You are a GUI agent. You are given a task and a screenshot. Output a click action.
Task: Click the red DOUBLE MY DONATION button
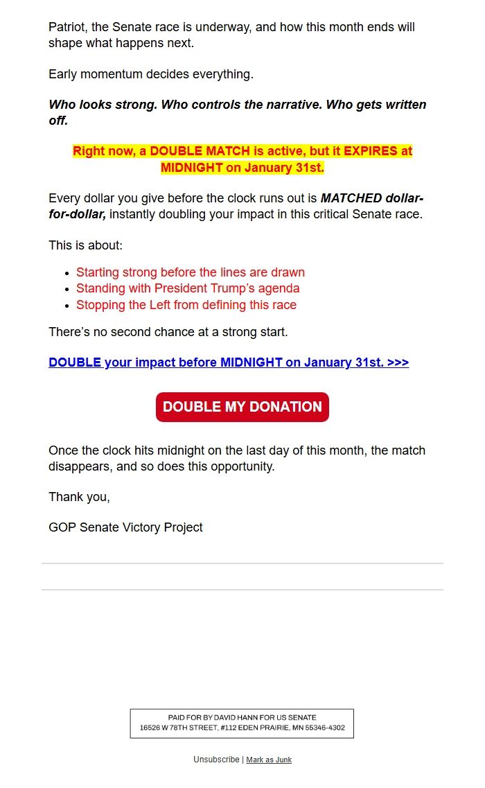242,407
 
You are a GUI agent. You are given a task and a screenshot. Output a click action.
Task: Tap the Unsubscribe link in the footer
216,760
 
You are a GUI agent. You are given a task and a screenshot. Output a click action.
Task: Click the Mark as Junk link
269,760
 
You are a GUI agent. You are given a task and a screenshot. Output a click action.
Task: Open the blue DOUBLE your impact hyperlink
229,362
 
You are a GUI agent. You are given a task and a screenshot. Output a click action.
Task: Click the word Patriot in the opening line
67,27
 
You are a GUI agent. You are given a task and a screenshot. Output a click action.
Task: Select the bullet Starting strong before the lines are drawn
191,272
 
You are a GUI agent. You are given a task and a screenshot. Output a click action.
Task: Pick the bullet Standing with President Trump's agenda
188,288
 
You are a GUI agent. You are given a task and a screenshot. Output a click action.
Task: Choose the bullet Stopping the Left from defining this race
186,305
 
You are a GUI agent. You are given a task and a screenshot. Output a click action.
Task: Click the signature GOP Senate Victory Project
125,527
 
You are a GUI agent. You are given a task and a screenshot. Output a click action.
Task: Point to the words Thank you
79,497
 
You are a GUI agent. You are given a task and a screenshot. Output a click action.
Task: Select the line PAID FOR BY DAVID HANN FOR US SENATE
242,717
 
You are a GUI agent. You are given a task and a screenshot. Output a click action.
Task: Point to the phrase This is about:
85,245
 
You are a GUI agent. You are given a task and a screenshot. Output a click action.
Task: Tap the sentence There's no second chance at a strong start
168,332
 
